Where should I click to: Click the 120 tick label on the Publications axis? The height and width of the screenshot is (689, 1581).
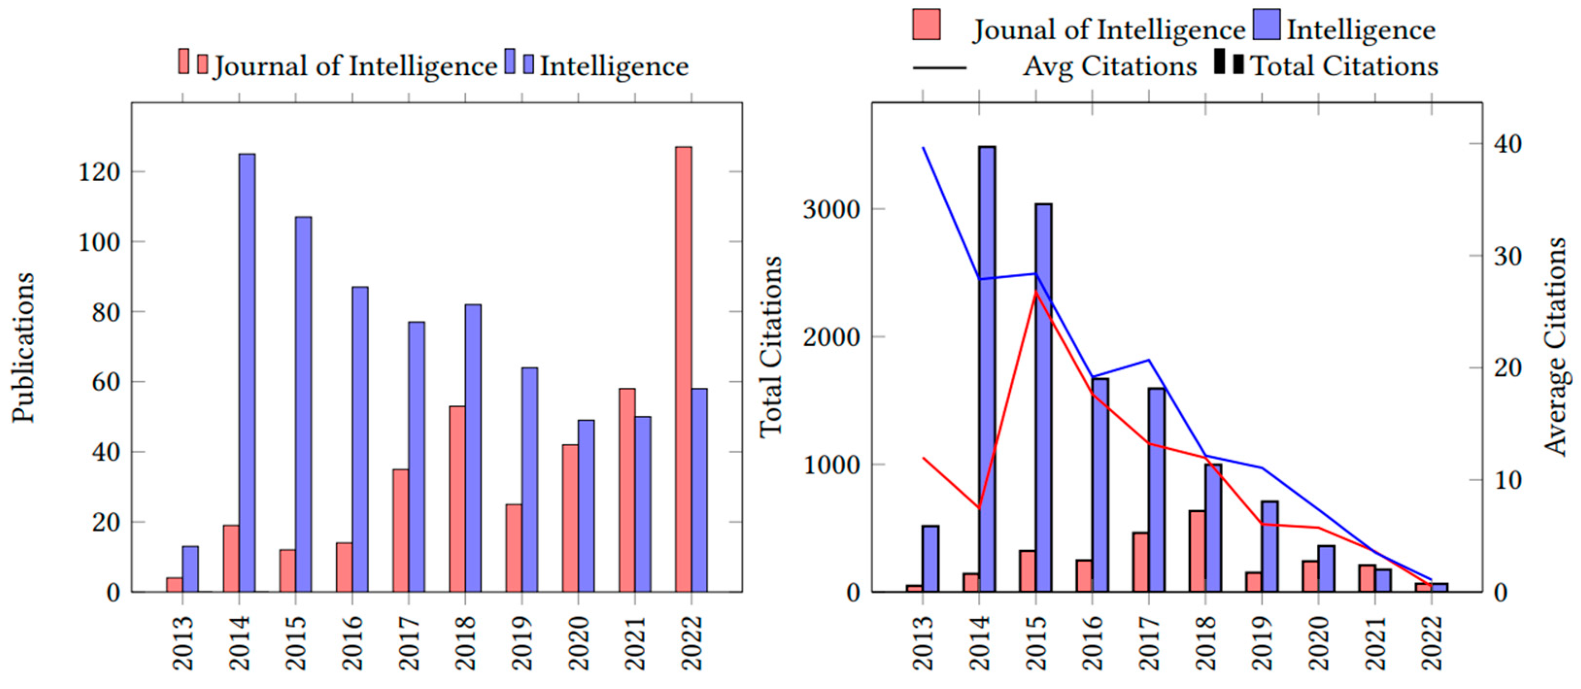tap(100, 172)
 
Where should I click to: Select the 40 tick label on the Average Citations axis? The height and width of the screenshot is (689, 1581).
tap(1507, 144)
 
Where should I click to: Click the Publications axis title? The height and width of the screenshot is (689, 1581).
tap(23, 347)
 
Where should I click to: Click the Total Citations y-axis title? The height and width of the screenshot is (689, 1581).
tap(771, 347)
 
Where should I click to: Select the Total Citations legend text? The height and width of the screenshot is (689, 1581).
tap(1344, 66)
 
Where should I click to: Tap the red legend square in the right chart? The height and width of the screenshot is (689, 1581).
tap(926, 25)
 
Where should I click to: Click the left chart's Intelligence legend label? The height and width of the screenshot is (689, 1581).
tap(614, 66)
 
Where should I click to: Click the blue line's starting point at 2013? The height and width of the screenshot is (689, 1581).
tap(923, 148)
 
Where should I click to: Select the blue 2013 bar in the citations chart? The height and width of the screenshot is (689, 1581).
tap(931, 558)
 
